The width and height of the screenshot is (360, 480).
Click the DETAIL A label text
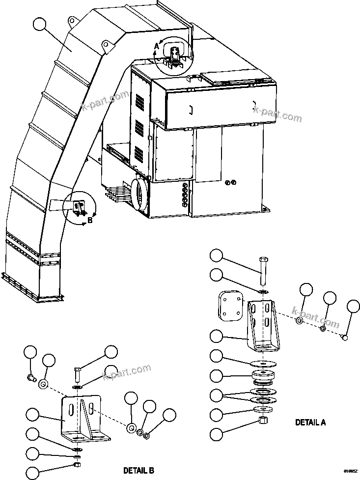tap(310, 422)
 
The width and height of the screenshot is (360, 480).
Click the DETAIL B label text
tap(138, 471)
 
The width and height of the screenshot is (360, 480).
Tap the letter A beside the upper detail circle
tap(157, 46)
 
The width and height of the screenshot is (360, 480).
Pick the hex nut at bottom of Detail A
tap(263, 421)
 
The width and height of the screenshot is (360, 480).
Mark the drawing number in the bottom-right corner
tap(350, 471)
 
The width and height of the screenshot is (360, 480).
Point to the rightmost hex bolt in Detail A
tap(345, 337)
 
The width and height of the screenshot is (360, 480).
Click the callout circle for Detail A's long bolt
tap(220, 257)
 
